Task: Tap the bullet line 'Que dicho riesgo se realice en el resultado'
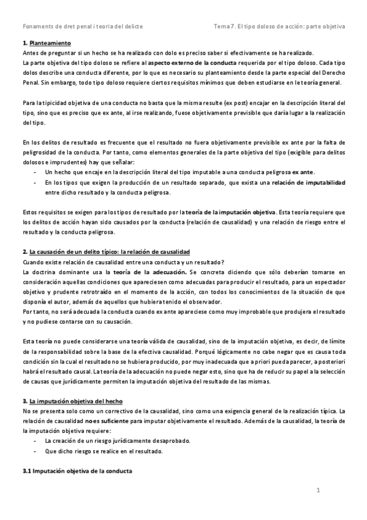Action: [104, 451]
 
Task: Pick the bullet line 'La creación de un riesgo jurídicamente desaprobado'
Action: [118, 441]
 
